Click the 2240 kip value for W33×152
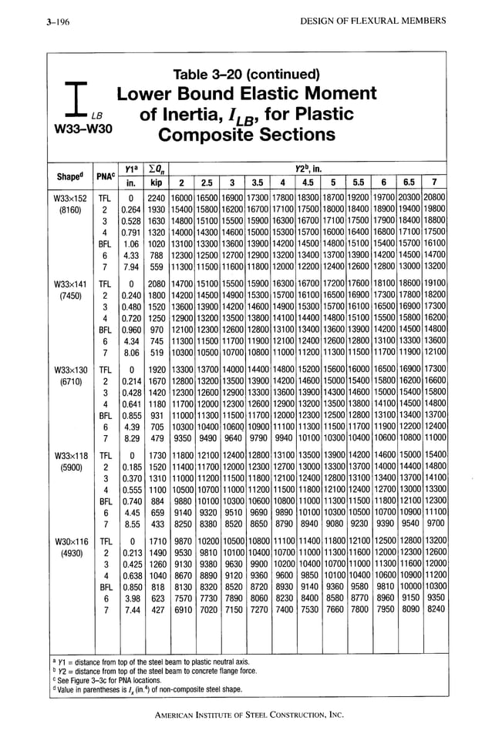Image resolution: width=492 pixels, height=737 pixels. (157, 197)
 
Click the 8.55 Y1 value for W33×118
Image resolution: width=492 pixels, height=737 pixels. (133, 522)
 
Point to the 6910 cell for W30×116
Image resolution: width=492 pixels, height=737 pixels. (182, 608)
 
